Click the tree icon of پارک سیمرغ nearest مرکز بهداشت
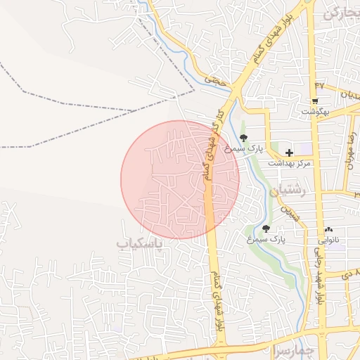[243, 138]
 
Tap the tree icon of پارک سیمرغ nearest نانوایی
[266, 229]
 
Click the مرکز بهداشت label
[289, 163]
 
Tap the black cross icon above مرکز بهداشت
[289, 152]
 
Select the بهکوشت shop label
[320, 111]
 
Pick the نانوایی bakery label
[327, 240]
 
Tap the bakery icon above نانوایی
[328, 229]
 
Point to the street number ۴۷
[319, 85]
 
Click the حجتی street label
[212, 81]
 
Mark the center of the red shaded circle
[180, 179]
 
